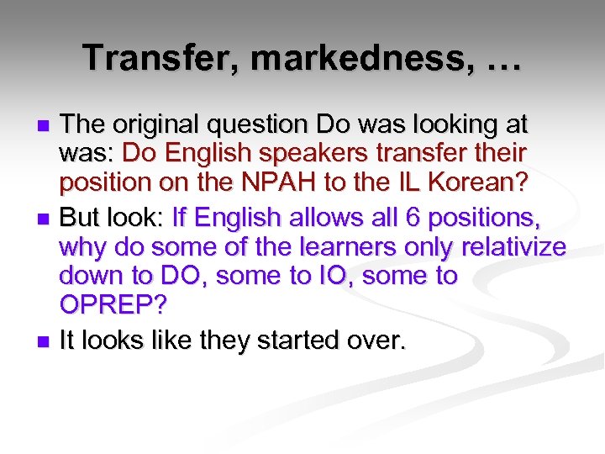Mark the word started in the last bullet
[x=291, y=340]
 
